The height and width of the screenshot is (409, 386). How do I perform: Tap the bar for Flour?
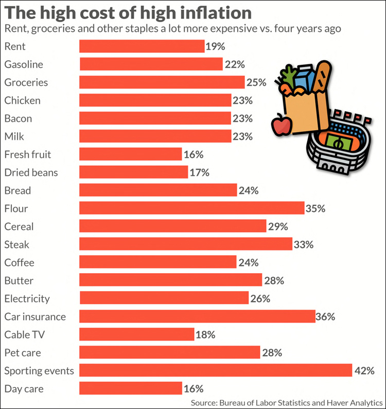pos(191,208)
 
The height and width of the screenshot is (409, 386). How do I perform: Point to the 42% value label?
pos(363,370)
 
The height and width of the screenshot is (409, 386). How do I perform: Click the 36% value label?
pos(325,316)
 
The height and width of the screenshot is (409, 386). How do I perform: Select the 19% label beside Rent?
pos(215,46)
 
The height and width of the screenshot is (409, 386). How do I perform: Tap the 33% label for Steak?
pos(303,244)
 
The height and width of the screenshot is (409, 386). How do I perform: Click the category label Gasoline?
pos(23,64)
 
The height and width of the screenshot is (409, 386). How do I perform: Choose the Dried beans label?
pos(31,172)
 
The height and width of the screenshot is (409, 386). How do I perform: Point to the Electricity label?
pos(27,298)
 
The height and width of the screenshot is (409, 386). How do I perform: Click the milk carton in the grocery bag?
pos(305,77)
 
